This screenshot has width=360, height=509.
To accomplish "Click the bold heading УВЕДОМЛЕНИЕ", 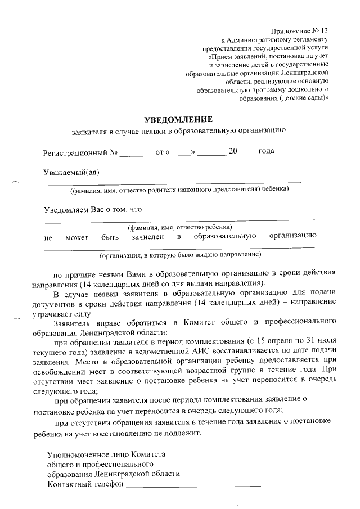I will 178,119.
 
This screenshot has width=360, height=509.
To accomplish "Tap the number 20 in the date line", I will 233,152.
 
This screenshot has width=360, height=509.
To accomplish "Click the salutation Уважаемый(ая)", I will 71,172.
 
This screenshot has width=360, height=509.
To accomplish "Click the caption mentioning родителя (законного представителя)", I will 179,190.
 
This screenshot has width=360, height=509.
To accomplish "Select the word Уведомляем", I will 67,209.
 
